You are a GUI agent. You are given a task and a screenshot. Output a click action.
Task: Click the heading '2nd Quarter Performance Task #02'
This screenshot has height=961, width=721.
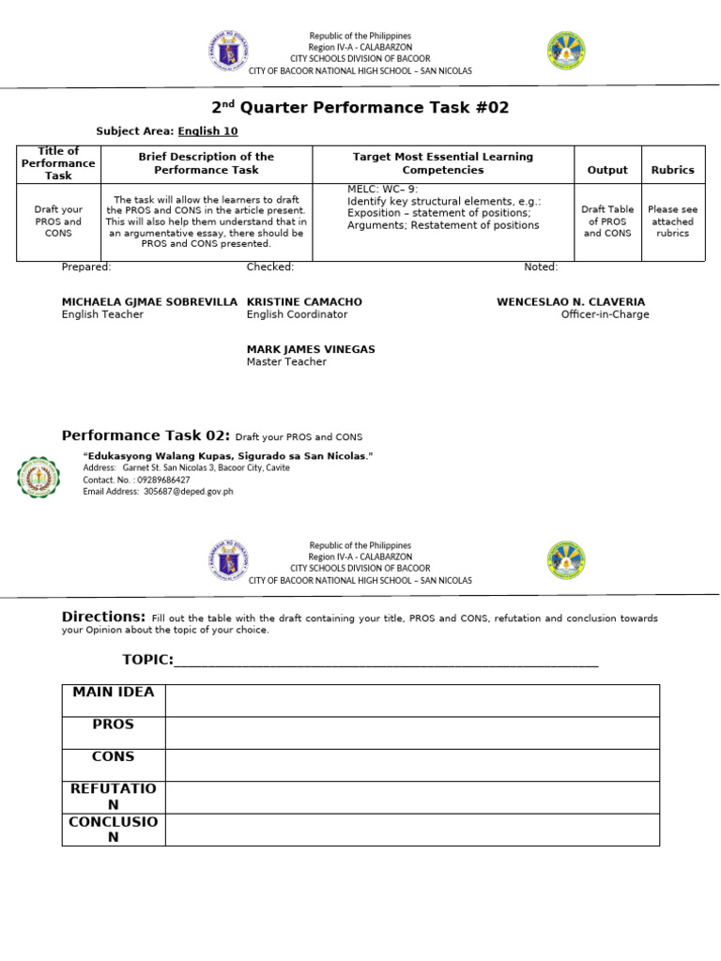(x=360, y=108)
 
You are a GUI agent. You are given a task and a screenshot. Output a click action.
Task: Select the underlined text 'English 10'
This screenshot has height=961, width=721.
(x=207, y=131)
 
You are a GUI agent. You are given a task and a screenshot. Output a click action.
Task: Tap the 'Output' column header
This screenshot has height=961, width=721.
(x=607, y=170)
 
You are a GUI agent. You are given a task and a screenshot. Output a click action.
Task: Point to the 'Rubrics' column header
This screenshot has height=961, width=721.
(x=672, y=170)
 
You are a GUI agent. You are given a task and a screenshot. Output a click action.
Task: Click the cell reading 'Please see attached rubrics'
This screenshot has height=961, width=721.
(x=672, y=221)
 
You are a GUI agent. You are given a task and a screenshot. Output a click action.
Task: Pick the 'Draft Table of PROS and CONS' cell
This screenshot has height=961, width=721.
(x=607, y=221)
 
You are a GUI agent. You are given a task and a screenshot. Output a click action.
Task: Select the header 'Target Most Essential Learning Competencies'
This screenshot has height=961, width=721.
(x=442, y=163)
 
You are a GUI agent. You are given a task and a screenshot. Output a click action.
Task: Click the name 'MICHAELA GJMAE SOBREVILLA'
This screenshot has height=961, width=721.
(x=149, y=302)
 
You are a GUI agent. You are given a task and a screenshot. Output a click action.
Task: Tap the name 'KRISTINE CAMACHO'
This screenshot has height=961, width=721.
(x=304, y=302)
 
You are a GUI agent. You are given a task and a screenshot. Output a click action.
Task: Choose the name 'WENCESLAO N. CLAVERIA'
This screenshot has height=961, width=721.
(x=571, y=302)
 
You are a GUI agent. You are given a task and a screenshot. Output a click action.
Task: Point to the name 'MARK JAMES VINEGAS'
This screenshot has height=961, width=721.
(x=311, y=349)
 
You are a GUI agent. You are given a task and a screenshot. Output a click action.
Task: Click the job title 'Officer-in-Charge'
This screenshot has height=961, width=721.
(x=605, y=314)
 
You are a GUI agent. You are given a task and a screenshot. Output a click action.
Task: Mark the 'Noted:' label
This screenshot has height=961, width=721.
(x=541, y=267)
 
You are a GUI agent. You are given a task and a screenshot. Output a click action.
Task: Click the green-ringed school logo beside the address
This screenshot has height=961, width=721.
(x=38, y=477)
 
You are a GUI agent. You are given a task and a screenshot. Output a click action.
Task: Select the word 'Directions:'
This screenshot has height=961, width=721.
(x=103, y=617)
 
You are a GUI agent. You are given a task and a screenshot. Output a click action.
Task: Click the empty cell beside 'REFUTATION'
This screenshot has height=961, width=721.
(x=412, y=798)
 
